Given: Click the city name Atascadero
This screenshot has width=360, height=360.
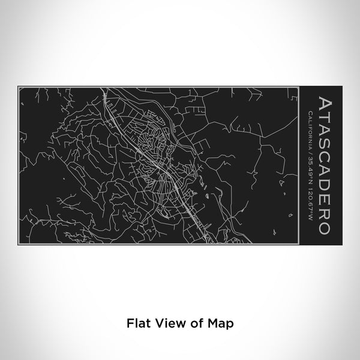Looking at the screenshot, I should pyautogui.click(x=323, y=164).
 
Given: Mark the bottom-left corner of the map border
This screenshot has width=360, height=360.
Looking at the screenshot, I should pyautogui.click(x=19, y=243).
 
